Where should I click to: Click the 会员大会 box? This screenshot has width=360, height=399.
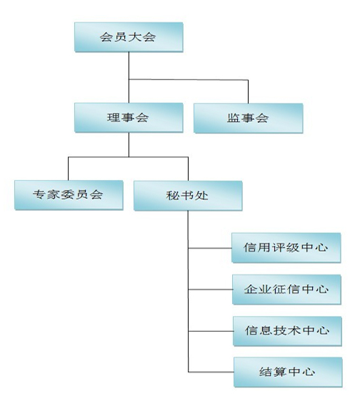point(129,37)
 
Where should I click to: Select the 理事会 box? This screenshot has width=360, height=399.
point(129,117)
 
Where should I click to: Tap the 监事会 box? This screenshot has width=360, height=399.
point(248,118)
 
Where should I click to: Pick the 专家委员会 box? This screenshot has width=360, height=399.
point(69,195)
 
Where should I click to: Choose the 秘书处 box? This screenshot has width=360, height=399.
point(188,196)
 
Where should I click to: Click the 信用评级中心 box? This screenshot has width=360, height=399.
point(286,247)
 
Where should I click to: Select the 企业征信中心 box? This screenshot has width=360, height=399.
point(286,290)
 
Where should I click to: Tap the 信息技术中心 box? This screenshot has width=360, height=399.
point(287,331)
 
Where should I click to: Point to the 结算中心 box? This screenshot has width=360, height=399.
point(288,373)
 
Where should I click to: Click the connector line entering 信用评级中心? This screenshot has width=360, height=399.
point(210,248)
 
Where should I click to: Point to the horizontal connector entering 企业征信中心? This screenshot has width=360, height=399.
point(210,290)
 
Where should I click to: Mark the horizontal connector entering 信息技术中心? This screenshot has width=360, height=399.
point(211,331)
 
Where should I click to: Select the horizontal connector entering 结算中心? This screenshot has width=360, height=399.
point(211,372)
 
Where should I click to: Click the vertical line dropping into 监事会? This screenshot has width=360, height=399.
point(248,92)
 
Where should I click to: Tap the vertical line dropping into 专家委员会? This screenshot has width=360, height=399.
point(68,169)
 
